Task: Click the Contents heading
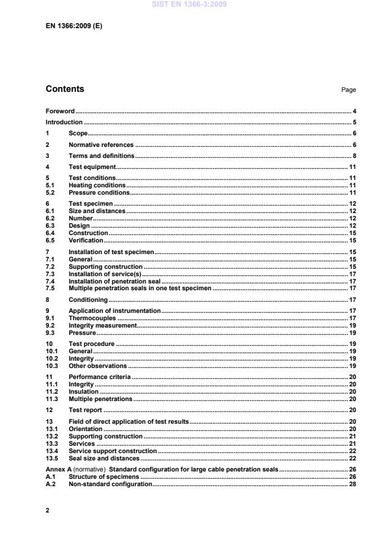coord(65,89)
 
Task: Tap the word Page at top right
coord(348,90)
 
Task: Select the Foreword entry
coord(60,111)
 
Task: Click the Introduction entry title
coord(64,122)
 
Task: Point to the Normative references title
coord(100,145)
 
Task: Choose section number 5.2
coord(51,192)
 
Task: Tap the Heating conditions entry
coord(97,185)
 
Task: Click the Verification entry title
coord(86,240)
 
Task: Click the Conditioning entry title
coord(88,299)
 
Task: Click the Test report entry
coord(85,408)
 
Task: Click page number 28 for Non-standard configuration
coord(352,483)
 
